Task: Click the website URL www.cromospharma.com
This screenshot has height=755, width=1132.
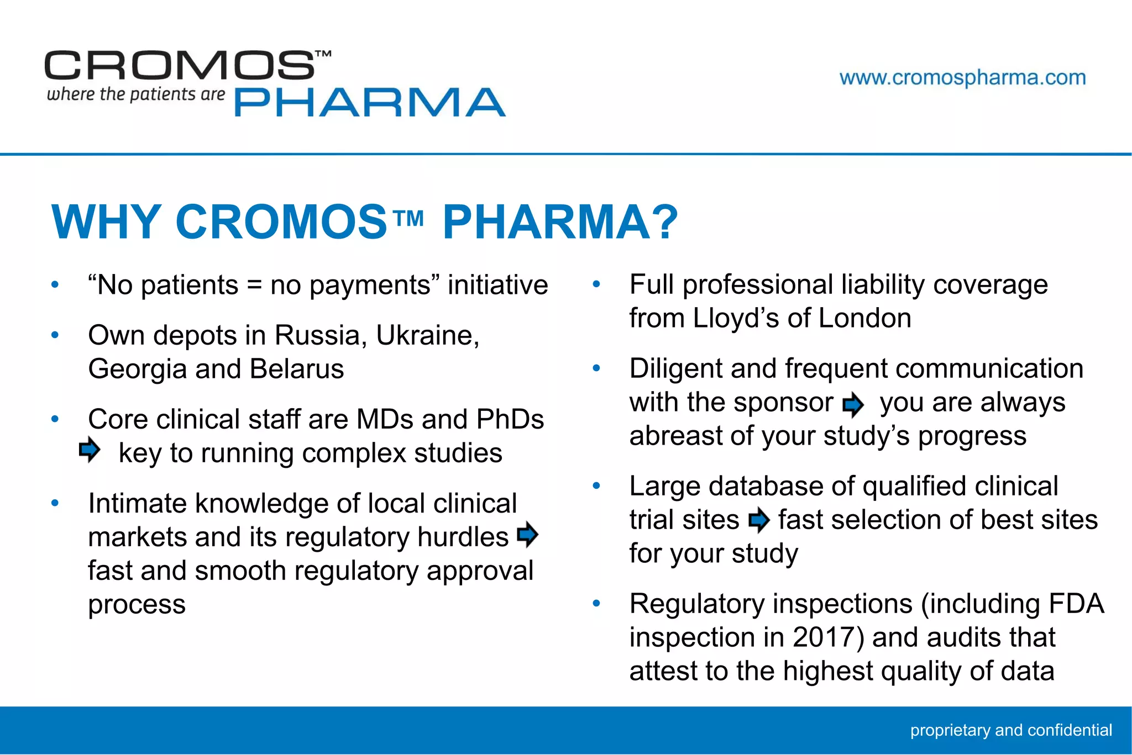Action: point(962,78)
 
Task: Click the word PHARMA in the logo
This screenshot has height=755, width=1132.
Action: point(370,103)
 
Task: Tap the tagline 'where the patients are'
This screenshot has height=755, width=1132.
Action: point(136,94)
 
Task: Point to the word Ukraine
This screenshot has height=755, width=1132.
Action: point(427,335)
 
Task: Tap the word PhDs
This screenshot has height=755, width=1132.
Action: point(510,419)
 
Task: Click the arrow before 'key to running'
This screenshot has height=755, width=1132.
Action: point(90,450)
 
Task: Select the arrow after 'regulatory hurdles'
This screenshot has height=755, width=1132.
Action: point(528,534)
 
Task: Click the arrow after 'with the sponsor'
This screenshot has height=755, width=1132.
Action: point(853,405)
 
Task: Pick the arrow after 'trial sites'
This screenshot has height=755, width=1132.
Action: point(759,520)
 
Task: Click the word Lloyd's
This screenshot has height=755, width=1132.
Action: point(736,319)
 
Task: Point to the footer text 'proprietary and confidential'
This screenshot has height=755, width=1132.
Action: point(1011,730)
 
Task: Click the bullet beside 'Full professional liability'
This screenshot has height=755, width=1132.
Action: point(596,285)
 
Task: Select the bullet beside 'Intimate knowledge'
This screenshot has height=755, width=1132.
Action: point(55,503)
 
